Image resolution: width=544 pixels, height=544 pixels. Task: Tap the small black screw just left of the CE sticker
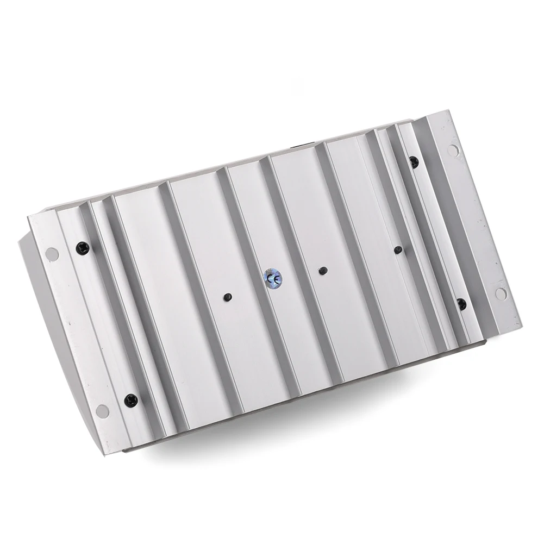(228, 297)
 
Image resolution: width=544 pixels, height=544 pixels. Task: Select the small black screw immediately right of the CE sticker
(323, 270)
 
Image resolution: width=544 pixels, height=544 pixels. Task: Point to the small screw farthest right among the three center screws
(398, 249)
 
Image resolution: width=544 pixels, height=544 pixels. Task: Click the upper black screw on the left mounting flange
(83, 247)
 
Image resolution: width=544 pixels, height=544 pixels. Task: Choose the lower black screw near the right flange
(461, 304)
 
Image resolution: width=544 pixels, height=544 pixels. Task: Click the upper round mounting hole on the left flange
(52, 254)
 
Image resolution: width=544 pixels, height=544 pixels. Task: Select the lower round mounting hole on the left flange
(103, 410)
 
